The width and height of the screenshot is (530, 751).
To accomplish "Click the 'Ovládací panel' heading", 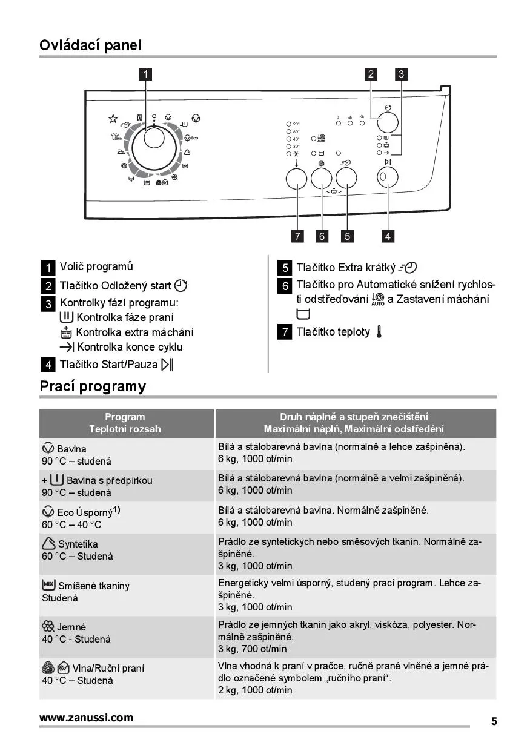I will tap(90, 45).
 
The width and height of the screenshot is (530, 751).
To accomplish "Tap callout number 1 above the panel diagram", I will tap(145, 74).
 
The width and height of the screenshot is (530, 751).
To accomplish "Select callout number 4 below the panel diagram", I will tap(388, 236).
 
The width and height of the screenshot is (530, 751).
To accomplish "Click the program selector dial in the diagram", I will tap(154, 145).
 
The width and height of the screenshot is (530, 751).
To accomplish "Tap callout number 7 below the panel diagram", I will tap(297, 236).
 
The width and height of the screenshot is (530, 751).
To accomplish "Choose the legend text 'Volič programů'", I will tap(96, 266).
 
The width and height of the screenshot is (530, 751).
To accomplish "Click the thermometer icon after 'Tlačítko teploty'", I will tap(379, 332).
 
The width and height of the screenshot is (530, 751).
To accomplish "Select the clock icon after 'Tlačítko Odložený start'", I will tap(181, 286).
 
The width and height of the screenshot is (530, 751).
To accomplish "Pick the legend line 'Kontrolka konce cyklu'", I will tap(130, 347).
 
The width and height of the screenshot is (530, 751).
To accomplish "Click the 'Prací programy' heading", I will tap(93, 386).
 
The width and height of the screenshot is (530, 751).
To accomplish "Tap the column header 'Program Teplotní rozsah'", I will tap(125, 423).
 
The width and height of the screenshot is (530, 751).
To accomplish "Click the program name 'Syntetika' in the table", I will tap(78, 544).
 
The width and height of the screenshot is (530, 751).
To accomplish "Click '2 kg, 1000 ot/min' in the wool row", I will tap(255, 690).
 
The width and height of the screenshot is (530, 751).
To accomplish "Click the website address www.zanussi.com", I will tap(86, 718).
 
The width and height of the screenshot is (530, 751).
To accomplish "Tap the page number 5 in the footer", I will tap(494, 721).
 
